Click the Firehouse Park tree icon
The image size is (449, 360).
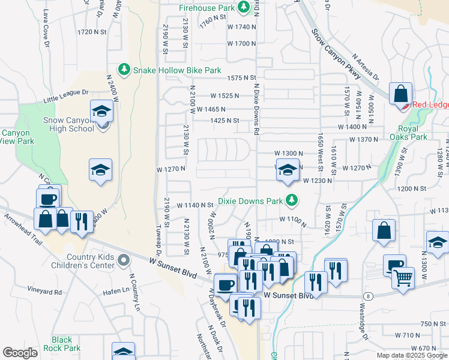coord(244,8)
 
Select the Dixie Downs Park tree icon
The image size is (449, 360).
coord(292,200)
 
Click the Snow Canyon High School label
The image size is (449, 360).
coord(68,124)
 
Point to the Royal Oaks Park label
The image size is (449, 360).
coord(412,133)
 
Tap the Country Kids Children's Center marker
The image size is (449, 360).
coord(124,260)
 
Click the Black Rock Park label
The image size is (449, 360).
coord(66,344)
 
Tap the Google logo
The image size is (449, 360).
coord(20,353)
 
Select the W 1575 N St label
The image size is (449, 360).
coord(241,78)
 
